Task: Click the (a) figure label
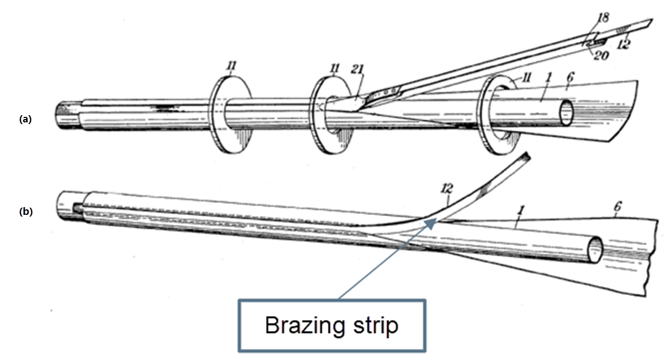pyautogui.click(x=24, y=119)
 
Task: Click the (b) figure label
pyautogui.click(x=25, y=211)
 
